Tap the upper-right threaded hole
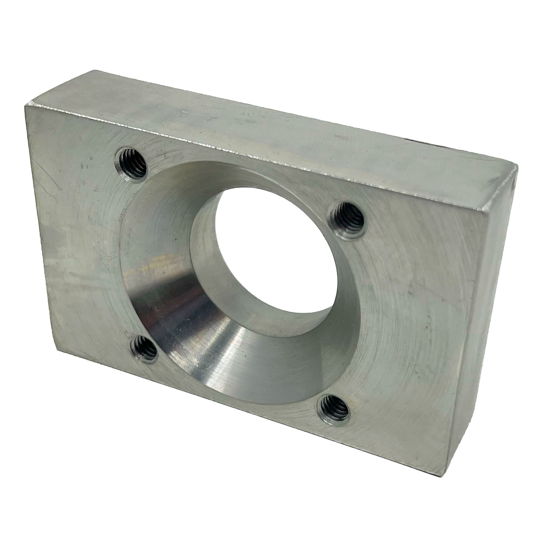348,218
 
